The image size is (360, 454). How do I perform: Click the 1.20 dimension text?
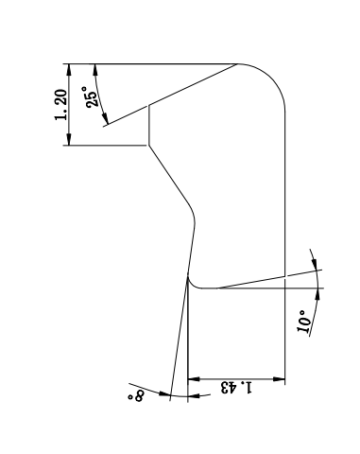pos(60,105)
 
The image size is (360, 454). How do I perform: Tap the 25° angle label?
pos(91,96)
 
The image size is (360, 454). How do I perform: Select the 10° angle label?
pos(303,322)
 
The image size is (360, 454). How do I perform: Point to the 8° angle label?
pos(136,395)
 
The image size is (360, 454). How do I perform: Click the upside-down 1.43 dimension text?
pos(236,388)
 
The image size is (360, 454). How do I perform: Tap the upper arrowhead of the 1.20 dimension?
pos(69,70)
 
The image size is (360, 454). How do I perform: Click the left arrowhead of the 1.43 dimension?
pos(194,378)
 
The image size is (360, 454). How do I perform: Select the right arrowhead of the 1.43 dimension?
pos(279,378)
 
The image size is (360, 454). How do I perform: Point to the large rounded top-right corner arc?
pos(271,78)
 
